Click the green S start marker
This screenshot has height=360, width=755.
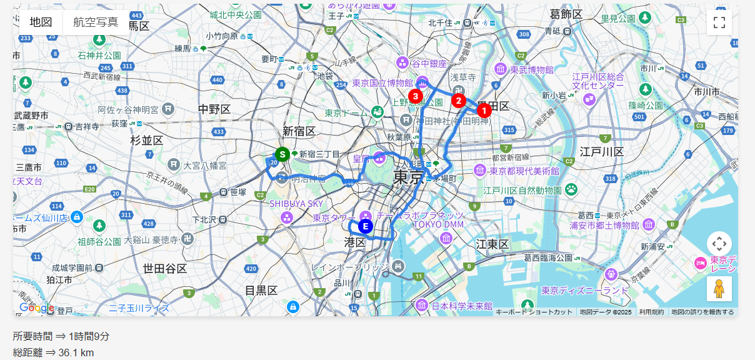coord(282,154)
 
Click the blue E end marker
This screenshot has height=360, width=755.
coord(366,226)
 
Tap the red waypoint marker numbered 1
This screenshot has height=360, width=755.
coord(483,111)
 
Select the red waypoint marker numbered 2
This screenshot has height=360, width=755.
coord(458,100)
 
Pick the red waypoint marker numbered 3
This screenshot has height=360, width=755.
coord(415,96)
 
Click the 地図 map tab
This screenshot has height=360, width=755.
coord(41,22)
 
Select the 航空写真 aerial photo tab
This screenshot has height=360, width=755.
coord(95,22)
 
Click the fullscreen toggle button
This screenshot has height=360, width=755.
coord(719,22)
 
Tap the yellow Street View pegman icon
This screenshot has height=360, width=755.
coord(719,289)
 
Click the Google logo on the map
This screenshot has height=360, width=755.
coord(36,307)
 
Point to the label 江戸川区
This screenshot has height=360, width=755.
coord(601,152)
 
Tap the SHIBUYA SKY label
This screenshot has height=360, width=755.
coord(296,204)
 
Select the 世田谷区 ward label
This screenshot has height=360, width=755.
coord(165,269)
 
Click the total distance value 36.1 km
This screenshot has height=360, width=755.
coord(76,353)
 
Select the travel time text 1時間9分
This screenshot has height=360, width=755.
coord(89,336)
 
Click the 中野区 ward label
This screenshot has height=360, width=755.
coord(214,109)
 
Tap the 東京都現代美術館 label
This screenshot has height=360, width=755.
coord(524,171)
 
